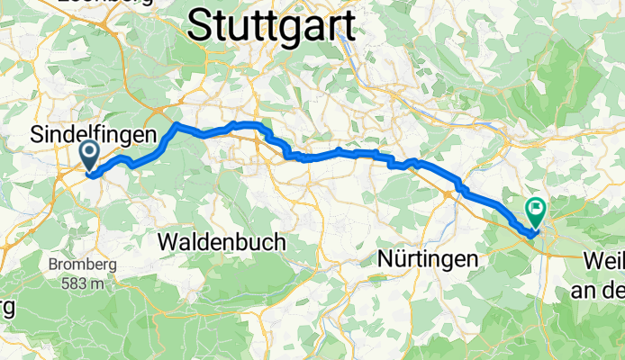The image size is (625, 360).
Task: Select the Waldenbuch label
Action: click(x=222, y=242)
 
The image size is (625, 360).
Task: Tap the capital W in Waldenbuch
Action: click(x=168, y=242)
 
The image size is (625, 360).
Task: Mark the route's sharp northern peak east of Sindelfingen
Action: click(x=177, y=124)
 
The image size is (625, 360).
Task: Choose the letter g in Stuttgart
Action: click(x=297, y=26)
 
